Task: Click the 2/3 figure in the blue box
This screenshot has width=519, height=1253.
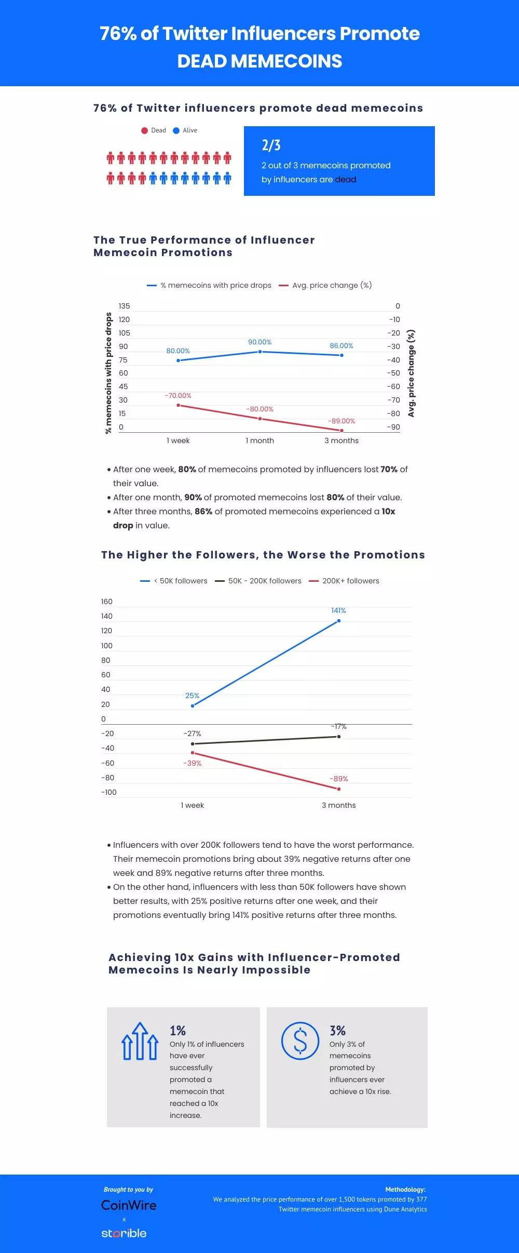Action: point(271,145)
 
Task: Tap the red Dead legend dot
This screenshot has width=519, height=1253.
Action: point(144,131)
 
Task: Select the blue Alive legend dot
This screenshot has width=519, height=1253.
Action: point(176,131)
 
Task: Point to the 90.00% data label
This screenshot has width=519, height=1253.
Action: point(259,342)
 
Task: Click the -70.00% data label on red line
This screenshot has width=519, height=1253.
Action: point(178,396)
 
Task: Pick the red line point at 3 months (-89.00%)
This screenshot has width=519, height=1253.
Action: point(342,430)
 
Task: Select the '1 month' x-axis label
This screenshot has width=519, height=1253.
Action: point(259,441)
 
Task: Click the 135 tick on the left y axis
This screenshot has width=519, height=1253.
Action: point(124,306)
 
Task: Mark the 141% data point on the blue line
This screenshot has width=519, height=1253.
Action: point(339,621)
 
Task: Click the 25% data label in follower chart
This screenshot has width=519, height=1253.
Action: point(192,696)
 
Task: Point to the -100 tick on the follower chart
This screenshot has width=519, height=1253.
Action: point(109,792)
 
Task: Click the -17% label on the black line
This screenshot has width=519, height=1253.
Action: point(338,727)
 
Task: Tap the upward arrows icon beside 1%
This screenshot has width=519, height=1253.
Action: point(140,1041)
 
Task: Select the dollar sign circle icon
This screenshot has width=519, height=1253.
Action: point(300,1041)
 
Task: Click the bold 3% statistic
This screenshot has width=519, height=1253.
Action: point(337,1030)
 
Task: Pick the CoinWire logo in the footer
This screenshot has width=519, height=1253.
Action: point(129,1205)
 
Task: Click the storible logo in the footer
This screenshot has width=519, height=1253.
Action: point(124,1233)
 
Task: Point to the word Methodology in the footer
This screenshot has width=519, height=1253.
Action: point(405,1190)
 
